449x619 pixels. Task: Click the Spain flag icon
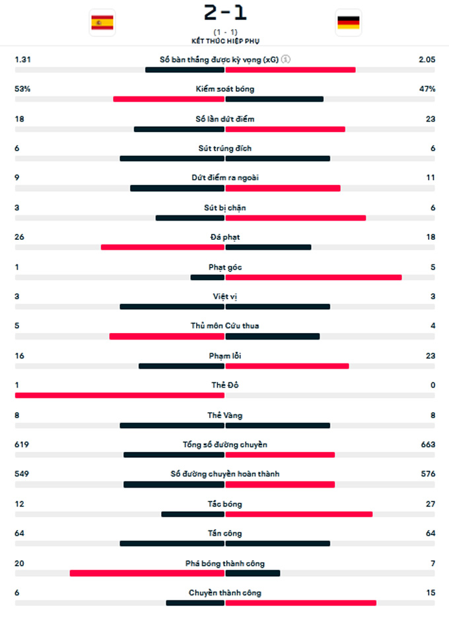[102, 23]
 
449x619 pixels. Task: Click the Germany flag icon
[348, 23]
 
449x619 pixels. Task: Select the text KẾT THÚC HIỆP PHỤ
[226, 41]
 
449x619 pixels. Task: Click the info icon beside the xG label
[286, 59]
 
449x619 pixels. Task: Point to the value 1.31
[22, 59]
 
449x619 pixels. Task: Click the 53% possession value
[22, 89]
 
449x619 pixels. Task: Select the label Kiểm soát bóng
[225, 89]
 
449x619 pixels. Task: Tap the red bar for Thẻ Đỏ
[120, 396]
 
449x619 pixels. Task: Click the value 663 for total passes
[428, 445]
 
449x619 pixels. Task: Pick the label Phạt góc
[225, 267]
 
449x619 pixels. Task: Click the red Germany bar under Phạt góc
[314, 277]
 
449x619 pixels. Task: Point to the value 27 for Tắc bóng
[431, 504]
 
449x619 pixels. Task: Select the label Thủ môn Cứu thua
[225, 326]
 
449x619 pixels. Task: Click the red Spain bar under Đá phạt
[162, 248]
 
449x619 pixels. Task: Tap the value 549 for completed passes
[22, 474]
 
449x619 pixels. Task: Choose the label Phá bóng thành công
[225, 564]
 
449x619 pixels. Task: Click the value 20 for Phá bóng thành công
[19, 564]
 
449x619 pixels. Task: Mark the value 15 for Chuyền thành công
[431, 593]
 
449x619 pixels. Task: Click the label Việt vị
[225, 297]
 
